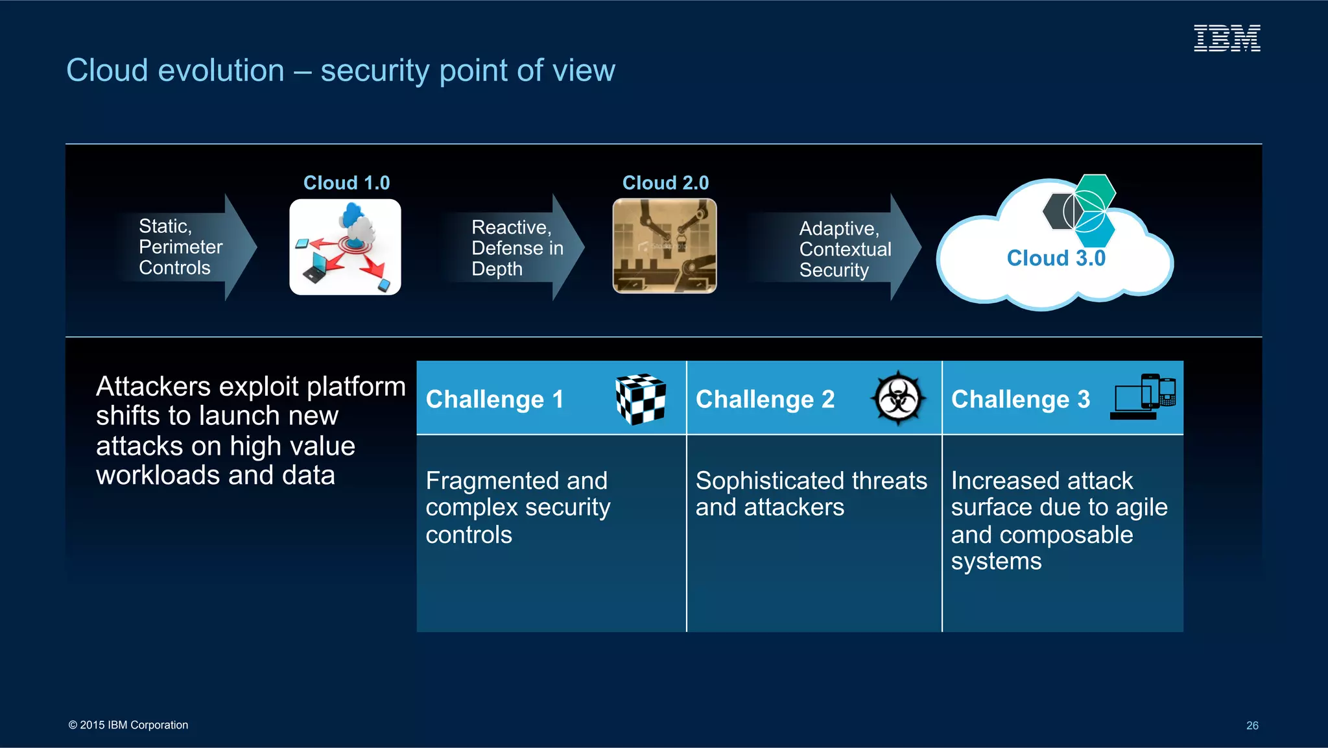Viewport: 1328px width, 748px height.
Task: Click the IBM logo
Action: (x=1227, y=38)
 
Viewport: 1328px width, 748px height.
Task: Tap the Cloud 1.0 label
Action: (x=346, y=183)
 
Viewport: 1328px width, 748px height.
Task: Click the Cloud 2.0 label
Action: (x=665, y=183)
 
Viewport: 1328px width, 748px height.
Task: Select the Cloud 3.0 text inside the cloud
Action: (x=1056, y=258)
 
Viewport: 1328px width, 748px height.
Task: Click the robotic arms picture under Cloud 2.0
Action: (x=665, y=246)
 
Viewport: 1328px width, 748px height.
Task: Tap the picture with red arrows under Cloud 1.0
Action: (x=345, y=247)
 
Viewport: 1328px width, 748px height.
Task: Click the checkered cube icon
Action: (x=641, y=398)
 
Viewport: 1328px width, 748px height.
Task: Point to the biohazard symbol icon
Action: (x=898, y=398)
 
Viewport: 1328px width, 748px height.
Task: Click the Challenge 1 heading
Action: (x=494, y=400)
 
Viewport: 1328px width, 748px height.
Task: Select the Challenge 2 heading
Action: (x=765, y=400)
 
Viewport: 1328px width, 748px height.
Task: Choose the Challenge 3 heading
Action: (x=1020, y=400)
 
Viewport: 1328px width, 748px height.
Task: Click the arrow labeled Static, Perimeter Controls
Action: (x=188, y=247)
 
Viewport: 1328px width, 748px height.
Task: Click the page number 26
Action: (x=1251, y=725)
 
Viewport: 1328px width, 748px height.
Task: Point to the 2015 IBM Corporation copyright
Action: (x=128, y=725)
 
